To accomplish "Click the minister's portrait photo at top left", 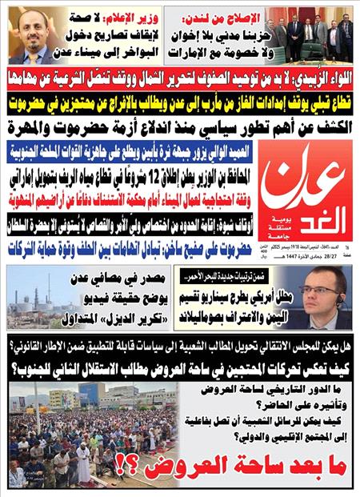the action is point(37,34).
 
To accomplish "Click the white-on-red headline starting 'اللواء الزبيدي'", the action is point(180,77).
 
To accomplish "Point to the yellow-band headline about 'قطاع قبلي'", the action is point(180,102).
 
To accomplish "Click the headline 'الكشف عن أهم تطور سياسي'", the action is point(180,126).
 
